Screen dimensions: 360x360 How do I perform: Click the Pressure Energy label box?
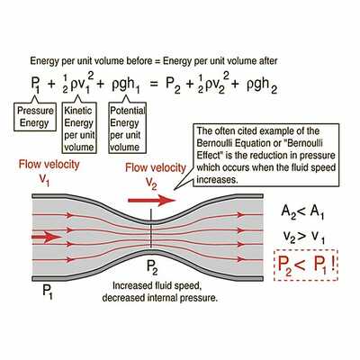pyautogui.click(x=35, y=117)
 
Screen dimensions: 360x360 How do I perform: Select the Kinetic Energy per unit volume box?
pyautogui.click(x=79, y=128)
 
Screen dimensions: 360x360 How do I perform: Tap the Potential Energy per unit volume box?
pyautogui.click(x=128, y=128)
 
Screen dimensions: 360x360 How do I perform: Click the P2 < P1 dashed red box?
pyautogui.click(x=306, y=265)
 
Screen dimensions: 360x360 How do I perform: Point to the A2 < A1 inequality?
pyautogui.click(x=302, y=212)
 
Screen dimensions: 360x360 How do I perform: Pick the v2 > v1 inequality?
pyautogui.click(x=303, y=238)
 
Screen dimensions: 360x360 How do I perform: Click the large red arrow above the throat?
pyautogui.click(x=152, y=200)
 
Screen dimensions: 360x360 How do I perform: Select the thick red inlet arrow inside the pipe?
pyautogui.click(x=46, y=237)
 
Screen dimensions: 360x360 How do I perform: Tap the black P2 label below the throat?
pyautogui.click(x=152, y=267)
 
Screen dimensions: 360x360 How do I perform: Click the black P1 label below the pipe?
pyautogui.click(x=48, y=292)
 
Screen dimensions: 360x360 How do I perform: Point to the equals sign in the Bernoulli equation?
pyautogui.click(x=153, y=85)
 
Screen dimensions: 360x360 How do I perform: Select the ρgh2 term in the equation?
pyautogui.click(x=262, y=85)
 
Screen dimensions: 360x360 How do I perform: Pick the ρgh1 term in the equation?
pyautogui.click(x=125, y=85)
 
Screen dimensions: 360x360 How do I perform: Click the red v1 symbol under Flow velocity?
pyautogui.click(x=44, y=179)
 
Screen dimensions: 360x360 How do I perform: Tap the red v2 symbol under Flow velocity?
pyautogui.click(x=151, y=183)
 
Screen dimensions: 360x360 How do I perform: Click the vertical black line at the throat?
pyautogui.click(x=151, y=229)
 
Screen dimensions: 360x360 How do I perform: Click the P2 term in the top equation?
pyautogui.click(x=174, y=85)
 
